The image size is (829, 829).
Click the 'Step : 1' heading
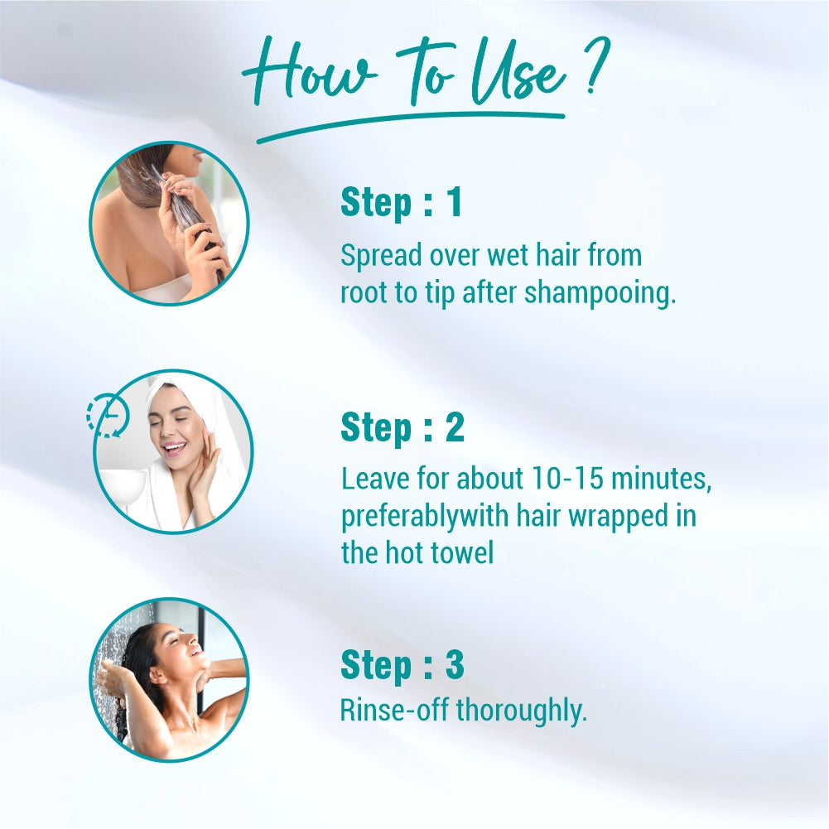click(402, 204)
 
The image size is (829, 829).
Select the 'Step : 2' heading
click(402, 428)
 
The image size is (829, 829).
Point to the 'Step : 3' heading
click(402, 665)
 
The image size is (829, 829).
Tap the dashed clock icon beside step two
click(107, 416)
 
